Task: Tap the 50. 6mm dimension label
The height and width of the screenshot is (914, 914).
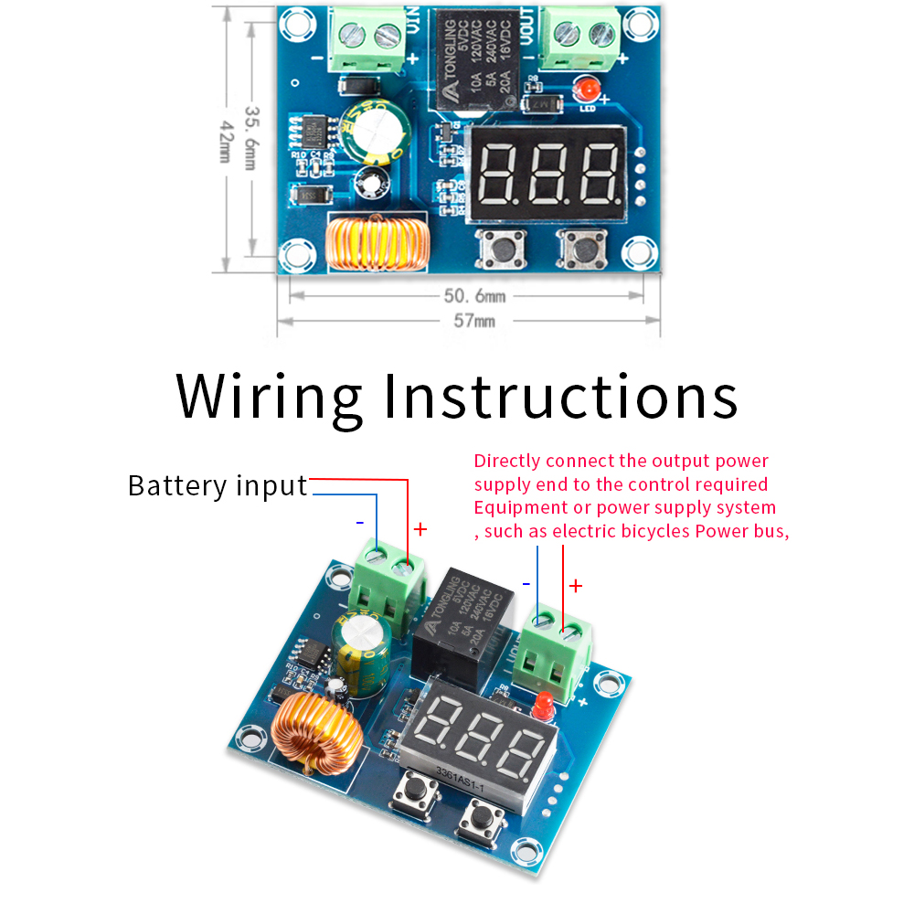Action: point(474,296)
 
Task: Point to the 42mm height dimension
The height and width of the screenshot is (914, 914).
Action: point(226,144)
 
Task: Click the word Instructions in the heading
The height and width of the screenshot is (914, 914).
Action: point(560,398)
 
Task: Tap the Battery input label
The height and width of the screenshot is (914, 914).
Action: point(218,485)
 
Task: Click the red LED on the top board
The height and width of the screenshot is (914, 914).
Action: point(590,90)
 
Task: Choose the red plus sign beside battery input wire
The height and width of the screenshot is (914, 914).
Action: point(420,529)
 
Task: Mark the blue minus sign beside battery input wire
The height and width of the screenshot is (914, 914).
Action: point(360,523)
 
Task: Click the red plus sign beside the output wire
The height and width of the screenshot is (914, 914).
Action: point(576,586)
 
